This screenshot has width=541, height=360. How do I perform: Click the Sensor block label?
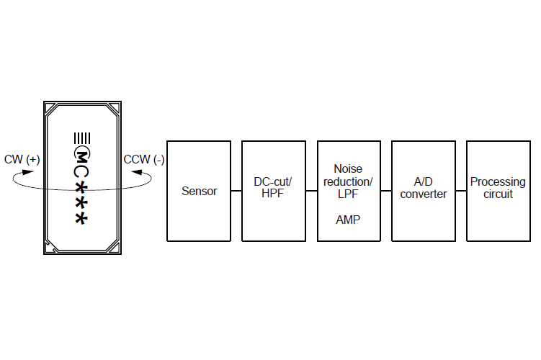(x=199, y=191)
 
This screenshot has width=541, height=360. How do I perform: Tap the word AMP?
(x=348, y=220)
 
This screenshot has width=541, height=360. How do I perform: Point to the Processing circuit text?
(x=498, y=188)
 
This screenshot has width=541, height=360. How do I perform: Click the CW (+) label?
(x=22, y=160)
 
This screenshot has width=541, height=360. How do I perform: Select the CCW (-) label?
(x=143, y=160)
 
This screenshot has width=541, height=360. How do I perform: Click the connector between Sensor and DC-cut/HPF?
(x=236, y=191)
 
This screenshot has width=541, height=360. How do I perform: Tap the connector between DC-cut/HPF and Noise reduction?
(x=311, y=191)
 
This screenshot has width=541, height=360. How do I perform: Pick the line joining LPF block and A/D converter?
(x=386, y=191)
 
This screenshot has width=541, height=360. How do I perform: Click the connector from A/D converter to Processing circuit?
(x=461, y=191)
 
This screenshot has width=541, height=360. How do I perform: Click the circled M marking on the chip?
(x=83, y=154)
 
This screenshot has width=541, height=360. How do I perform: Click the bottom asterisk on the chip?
(x=83, y=217)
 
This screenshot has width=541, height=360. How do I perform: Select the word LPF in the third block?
(x=348, y=194)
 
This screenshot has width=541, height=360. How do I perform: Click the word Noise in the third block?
(x=348, y=168)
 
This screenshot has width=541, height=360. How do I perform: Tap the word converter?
(x=424, y=194)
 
